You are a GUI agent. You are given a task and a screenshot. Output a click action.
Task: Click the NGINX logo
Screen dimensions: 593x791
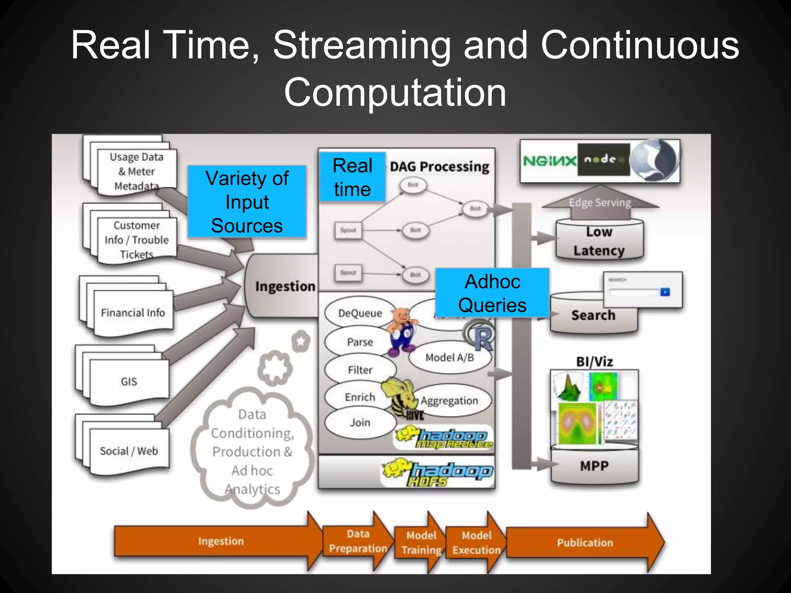click(x=549, y=161)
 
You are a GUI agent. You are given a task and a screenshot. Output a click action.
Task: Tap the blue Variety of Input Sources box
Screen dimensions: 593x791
click(x=247, y=202)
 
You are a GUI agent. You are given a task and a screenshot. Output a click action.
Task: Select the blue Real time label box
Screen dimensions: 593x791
click(x=352, y=177)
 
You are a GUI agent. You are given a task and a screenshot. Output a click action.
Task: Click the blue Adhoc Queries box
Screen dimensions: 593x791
click(x=492, y=293)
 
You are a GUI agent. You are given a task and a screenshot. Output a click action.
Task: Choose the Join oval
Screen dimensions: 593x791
click(x=360, y=423)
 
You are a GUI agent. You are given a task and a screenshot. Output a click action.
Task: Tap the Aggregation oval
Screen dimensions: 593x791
click(x=450, y=401)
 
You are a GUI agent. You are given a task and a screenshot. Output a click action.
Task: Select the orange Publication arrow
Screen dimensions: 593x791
click(x=584, y=542)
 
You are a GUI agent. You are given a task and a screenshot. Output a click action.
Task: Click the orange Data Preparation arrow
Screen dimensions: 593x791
click(x=357, y=541)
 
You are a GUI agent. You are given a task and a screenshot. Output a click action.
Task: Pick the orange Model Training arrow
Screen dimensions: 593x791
click(x=421, y=542)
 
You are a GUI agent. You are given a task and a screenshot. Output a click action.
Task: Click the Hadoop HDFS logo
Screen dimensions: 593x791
click(x=438, y=473)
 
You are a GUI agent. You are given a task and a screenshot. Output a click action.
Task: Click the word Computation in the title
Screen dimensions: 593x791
click(x=395, y=93)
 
